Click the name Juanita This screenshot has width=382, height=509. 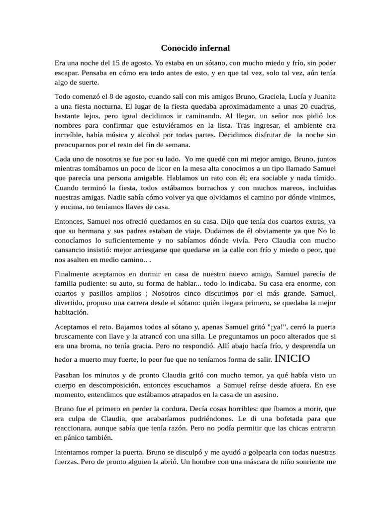[322, 97]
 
